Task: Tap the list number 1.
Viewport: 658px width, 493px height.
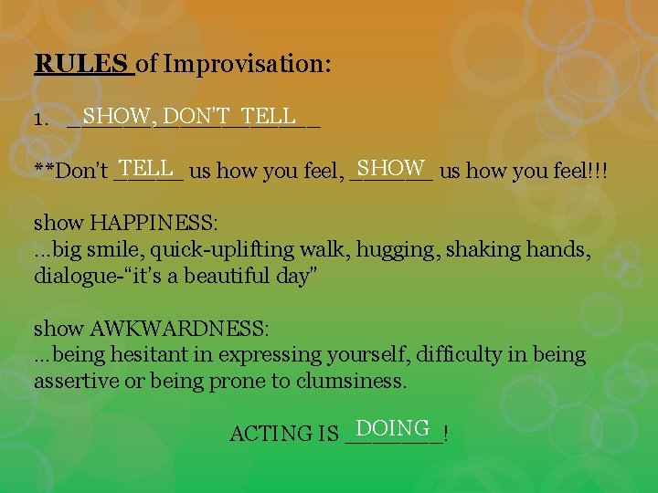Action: point(39,120)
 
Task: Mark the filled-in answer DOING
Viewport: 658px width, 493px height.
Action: point(393,428)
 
